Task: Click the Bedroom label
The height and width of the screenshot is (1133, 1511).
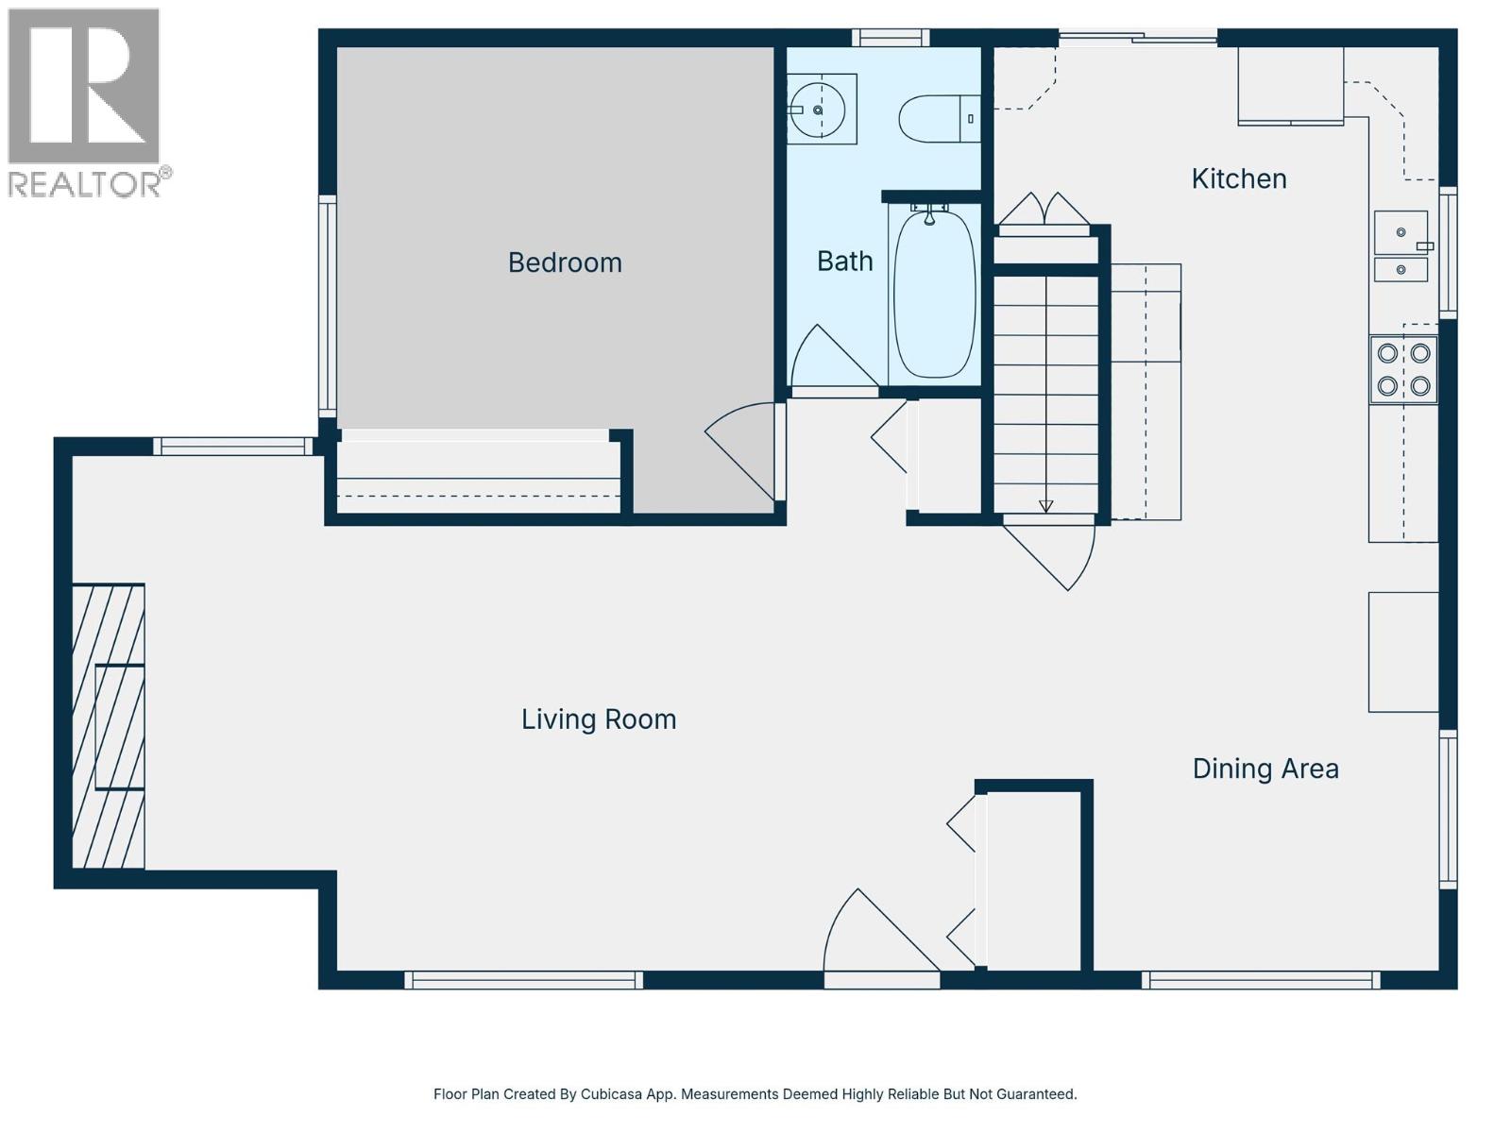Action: coord(565,262)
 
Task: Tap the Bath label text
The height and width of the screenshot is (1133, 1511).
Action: coord(844,262)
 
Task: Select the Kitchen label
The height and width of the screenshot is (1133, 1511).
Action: coord(1238,178)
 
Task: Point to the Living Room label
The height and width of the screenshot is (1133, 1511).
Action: coord(599,719)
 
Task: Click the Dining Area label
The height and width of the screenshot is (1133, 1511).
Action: coord(1265,769)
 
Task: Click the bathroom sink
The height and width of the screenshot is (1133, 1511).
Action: coord(819,110)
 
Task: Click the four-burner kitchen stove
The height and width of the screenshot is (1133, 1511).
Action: coord(1403,369)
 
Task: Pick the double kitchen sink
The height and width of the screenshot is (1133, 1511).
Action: coord(1401,245)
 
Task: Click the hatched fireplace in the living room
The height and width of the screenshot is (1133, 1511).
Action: coord(110,725)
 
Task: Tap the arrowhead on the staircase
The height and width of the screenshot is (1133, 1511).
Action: coord(1045,506)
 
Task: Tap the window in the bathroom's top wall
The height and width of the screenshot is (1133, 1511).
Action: coord(891,38)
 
